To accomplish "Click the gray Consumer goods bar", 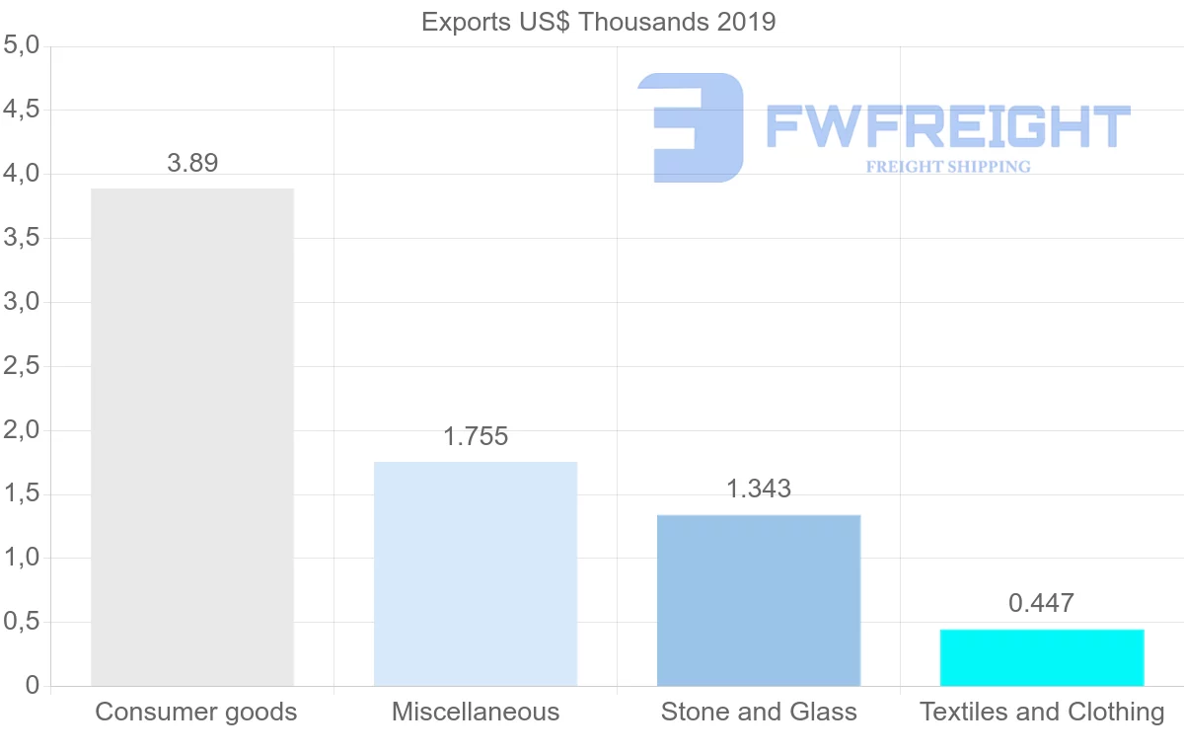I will pos(192,436).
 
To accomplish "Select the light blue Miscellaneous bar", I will pos(476,573).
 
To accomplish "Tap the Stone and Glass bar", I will pos(759,600).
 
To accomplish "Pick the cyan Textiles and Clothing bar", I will pos(1042,657).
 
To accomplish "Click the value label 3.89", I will pos(192,163).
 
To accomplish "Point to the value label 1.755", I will pos(476,437).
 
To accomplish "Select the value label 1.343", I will pos(759,489).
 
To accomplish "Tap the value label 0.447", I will pos(1041,603).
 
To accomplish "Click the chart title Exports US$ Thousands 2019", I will pos(599,22).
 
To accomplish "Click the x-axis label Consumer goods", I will pos(196,712).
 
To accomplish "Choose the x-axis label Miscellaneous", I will pos(476,712).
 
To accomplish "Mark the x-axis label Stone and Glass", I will pos(759,712).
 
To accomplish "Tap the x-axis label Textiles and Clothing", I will pos(1042,712).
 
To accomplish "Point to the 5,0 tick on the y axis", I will pos(21,45).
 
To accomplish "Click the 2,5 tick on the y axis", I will pos(21,366).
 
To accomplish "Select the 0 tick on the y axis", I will pos(33,686).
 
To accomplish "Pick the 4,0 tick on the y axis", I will pos(21,174).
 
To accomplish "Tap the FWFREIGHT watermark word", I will pos(947,126).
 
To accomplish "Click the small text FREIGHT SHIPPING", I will pos(948,167).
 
